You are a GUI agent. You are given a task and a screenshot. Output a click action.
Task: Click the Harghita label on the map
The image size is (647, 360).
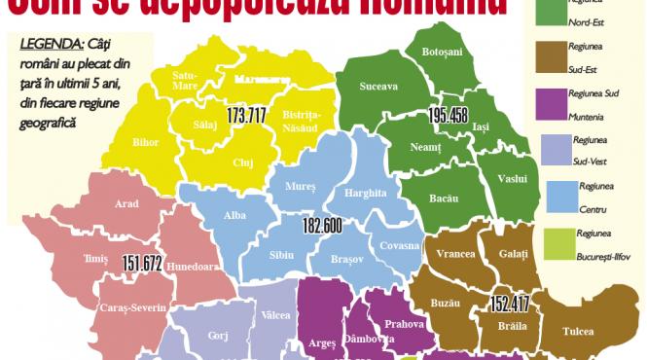coord(364,193)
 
